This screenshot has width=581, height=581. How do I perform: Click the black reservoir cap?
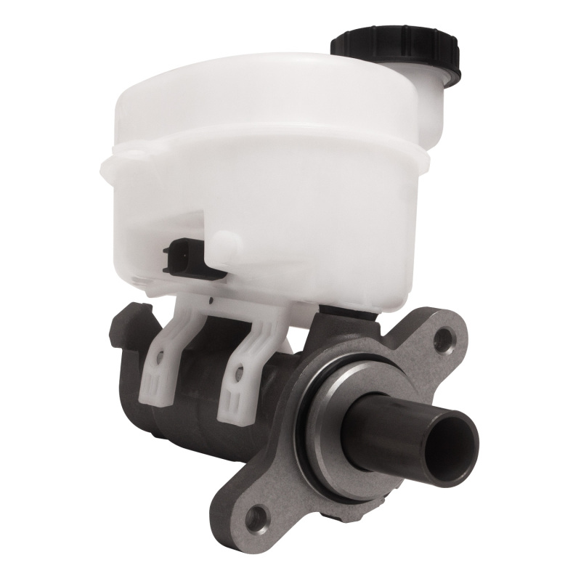tap(396, 49)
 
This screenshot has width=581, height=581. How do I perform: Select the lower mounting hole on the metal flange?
tap(256, 517)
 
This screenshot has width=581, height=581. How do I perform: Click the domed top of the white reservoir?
tap(240, 87)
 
